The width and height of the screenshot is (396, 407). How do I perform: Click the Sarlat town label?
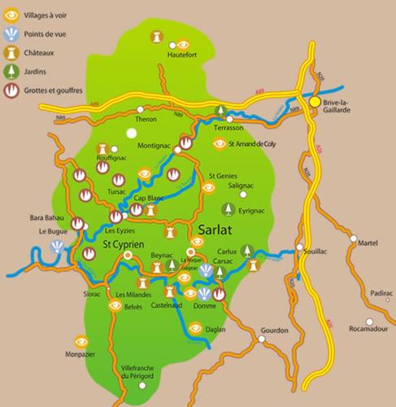[x=214, y=230]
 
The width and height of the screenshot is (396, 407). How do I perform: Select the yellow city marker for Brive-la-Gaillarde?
[x=315, y=102]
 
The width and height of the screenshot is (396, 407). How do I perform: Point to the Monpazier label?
[x=81, y=356]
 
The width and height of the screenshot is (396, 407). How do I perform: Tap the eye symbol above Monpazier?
[x=81, y=342]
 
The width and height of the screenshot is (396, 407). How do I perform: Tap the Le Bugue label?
[x=51, y=231]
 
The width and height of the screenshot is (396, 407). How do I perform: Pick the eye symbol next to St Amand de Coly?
[x=219, y=143]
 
